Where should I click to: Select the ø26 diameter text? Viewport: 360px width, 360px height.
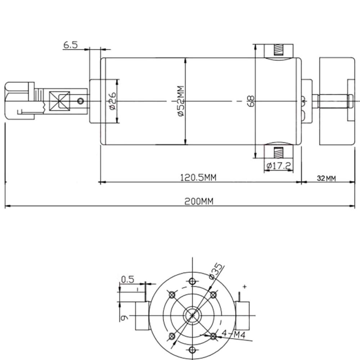coord(112,101)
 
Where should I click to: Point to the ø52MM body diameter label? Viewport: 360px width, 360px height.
coord(180,101)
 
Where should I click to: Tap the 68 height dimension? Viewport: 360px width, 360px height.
coord(251,101)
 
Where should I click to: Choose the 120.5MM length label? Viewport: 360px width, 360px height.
coord(199,177)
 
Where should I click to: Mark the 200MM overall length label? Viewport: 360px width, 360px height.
coord(199,202)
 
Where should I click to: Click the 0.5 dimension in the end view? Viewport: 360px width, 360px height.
coord(127,279)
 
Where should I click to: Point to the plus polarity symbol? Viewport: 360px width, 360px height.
coord(245,287)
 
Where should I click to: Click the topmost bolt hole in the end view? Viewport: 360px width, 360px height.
coord(193,281)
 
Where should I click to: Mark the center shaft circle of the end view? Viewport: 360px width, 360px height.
coord(193,315)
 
